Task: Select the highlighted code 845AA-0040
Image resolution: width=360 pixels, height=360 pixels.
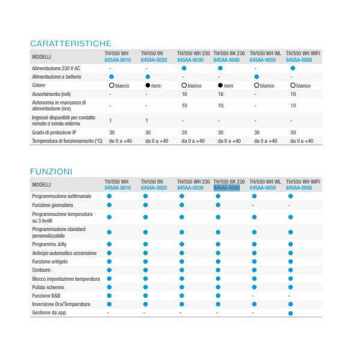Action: click(227, 188)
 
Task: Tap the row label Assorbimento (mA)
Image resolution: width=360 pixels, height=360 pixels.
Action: click(52, 94)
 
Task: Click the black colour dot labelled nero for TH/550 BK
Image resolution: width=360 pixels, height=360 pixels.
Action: click(148, 86)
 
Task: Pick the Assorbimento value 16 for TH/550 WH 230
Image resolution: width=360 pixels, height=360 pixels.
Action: click(184, 94)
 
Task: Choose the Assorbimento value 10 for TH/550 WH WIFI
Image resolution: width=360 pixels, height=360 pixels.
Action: click(292, 94)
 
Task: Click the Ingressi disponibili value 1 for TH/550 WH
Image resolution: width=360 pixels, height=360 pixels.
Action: click(110, 121)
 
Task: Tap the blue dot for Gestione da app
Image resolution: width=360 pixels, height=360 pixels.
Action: click(291, 313)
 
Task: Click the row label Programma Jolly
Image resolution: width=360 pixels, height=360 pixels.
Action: click(49, 244)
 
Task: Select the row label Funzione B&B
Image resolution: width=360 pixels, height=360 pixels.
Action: click(47, 296)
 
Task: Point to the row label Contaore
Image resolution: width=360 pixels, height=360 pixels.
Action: click(42, 270)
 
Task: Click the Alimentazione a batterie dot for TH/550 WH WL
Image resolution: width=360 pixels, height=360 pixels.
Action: click(256, 77)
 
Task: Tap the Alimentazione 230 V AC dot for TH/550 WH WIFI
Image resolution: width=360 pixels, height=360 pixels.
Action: click(292, 69)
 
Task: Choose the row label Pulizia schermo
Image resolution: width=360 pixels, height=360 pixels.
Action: click(49, 287)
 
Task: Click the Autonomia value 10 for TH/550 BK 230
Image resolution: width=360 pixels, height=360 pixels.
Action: click(220, 106)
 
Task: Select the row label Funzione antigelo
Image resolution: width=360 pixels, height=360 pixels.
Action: click(50, 262)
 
